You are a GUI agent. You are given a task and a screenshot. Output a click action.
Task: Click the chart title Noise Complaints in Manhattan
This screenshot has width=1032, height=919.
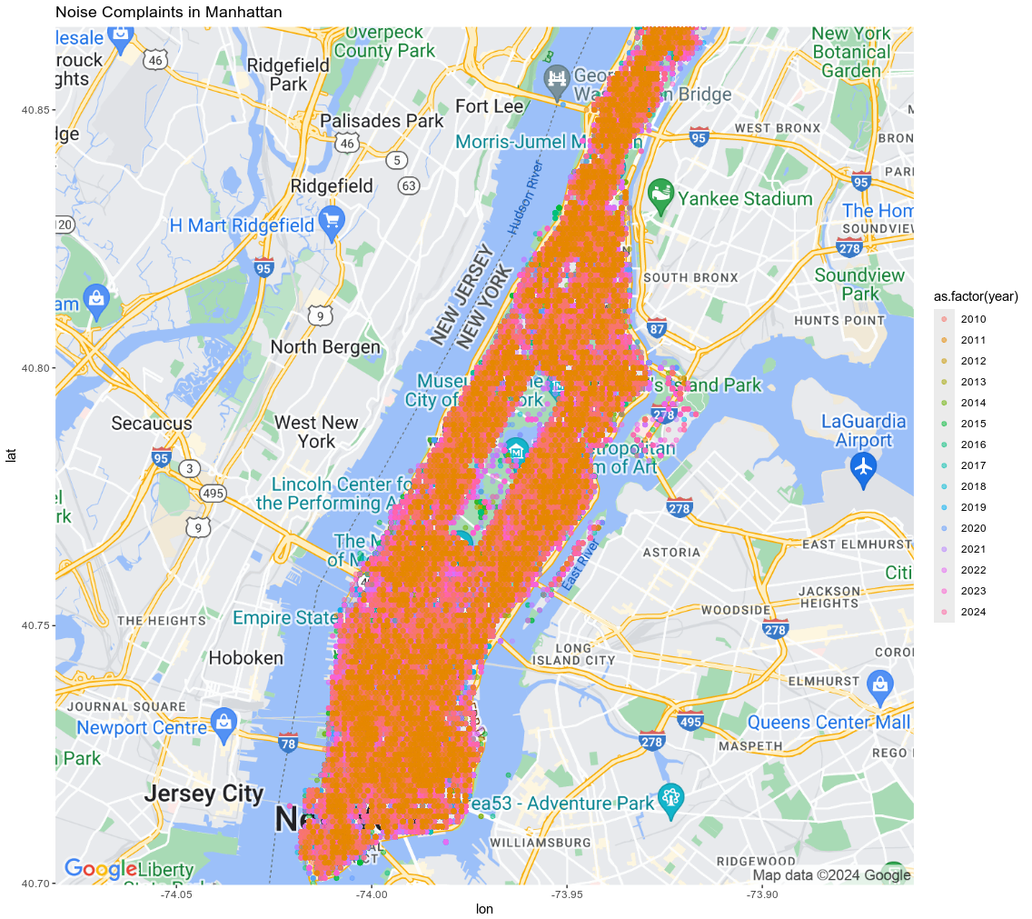168,13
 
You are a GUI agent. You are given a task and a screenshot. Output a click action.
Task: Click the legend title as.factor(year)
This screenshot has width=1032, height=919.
976,296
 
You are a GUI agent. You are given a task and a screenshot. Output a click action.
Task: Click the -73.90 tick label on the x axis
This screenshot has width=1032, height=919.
761,895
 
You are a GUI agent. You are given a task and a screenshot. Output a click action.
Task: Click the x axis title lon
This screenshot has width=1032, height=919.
484,909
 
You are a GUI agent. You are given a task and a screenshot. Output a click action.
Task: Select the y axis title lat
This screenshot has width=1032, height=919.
12,455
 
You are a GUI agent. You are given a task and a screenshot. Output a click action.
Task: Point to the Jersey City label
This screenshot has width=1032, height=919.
203,794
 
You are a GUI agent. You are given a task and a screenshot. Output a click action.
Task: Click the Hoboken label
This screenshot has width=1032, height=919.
240,657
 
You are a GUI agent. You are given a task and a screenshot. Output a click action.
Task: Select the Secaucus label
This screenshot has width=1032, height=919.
152,423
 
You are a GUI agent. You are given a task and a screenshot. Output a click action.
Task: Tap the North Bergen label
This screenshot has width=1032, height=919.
325,346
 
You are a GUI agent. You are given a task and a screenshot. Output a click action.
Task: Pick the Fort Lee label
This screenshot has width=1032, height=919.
489,106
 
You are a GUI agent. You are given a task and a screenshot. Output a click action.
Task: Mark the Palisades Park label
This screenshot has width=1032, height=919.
382,121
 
